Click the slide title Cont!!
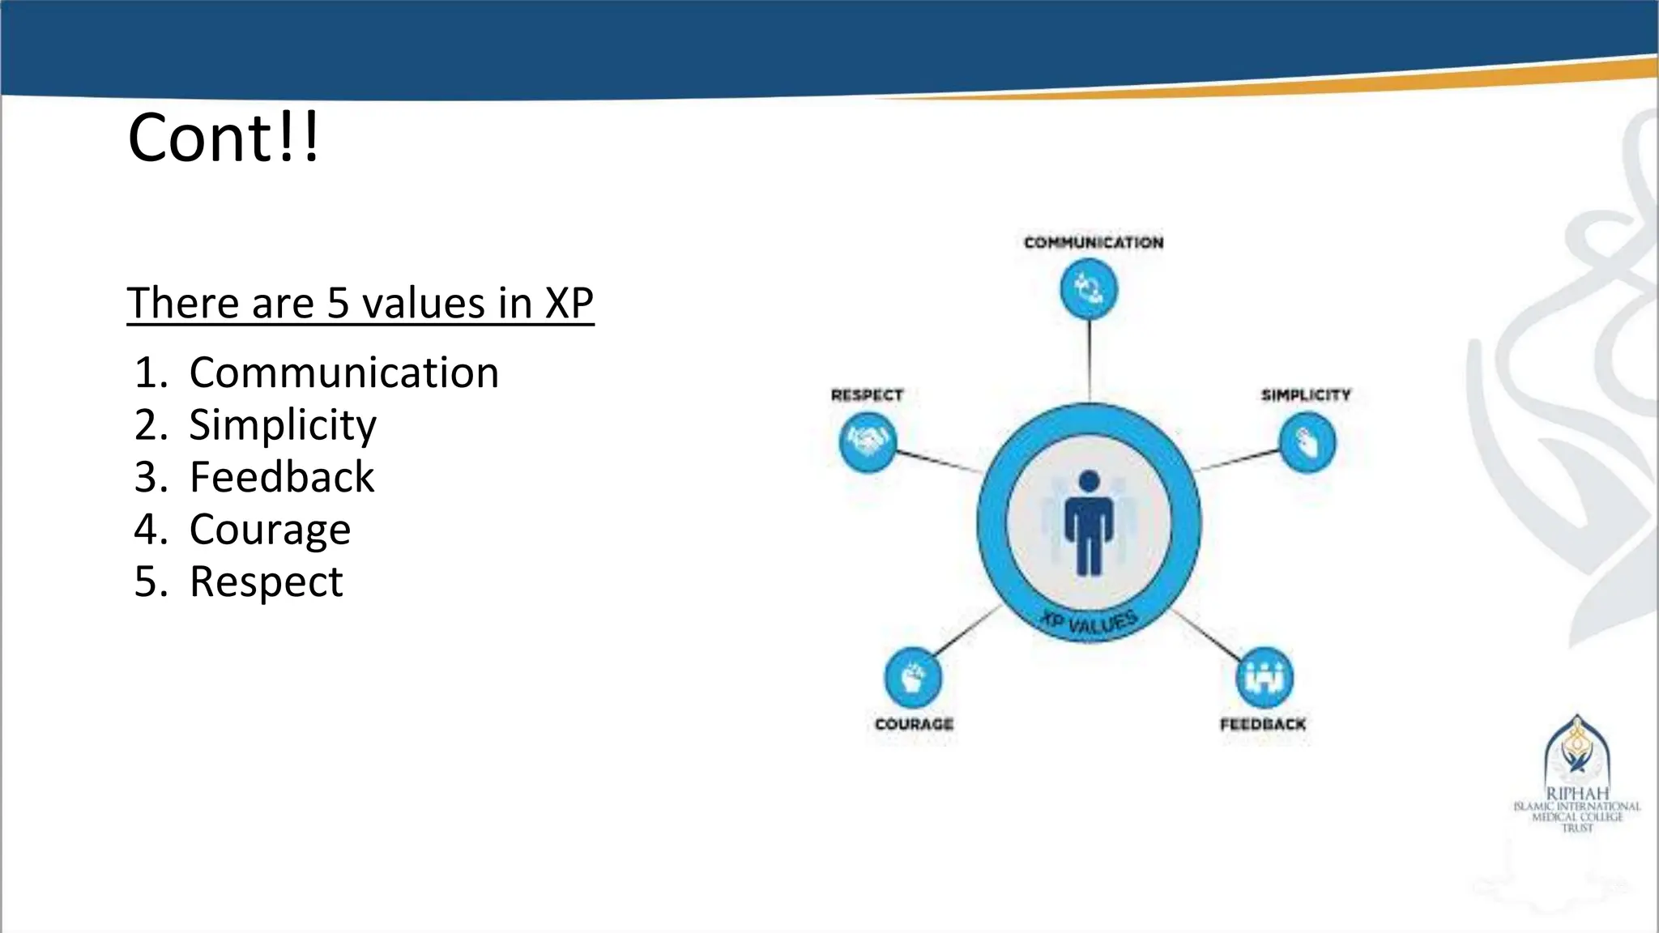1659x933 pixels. tap(224, 138)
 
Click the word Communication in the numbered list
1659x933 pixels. tap(343, 373)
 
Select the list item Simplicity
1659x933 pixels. tap(282, 424)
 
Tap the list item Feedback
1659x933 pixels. tap(281, 476)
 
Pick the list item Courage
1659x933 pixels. tap(270, 529)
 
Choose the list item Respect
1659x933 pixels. tap(266, 582)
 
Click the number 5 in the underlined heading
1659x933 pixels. tap(337, 303)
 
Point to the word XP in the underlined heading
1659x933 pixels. tap(569, 303)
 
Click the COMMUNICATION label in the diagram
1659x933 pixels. tap(1093, 242)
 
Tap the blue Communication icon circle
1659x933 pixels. tap(1089, 289)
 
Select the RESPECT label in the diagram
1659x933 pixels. tap(867, 394)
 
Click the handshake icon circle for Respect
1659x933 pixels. tap(868, 442)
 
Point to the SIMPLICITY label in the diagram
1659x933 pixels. tap(1306, 394)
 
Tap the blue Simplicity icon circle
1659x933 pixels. tap(1307, 442)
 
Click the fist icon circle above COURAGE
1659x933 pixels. tap(913, 678)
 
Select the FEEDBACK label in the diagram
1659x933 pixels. tap(1263, 723)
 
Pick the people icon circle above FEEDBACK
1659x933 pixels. tap(1264, 677)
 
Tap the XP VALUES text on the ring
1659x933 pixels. tap(1090, 622)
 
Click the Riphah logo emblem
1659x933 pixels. tap(1576, 749)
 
